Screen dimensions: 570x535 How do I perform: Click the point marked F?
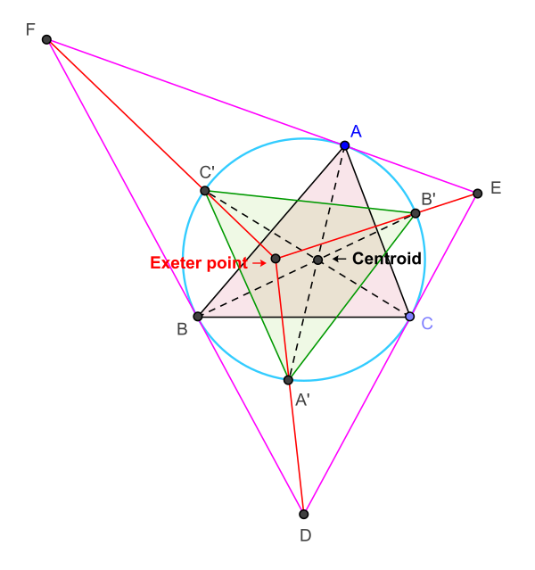tap(46, 39)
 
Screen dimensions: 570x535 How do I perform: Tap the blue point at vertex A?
tap(345, 145)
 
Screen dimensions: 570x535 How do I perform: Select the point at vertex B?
tap(198, 316)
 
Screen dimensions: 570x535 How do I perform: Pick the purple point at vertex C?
tap(409, 317)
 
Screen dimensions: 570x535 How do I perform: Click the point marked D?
tap(304, 514)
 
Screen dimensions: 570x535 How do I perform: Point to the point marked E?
tap(478, 193)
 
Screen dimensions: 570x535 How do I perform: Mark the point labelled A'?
tap(288, 380)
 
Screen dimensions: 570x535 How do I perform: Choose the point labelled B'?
tap(416, 213)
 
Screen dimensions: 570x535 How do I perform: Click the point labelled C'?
tap(205, 191)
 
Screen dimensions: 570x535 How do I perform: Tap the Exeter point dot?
tap(276, 259)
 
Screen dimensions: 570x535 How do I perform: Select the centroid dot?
tap(317, 260)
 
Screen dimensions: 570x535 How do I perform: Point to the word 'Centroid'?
tap(386, 259)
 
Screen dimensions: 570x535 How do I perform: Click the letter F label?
tap(30, 30)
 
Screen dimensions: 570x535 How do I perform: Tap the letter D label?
tap(306, 536)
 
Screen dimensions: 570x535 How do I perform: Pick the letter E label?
tap(496, 187)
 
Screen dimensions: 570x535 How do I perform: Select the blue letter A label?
tap(356, 131)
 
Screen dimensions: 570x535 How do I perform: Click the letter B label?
tap(182, 328)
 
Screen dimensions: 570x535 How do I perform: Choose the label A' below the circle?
tap(302, 401)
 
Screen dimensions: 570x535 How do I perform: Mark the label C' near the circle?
tap(207, 172)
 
